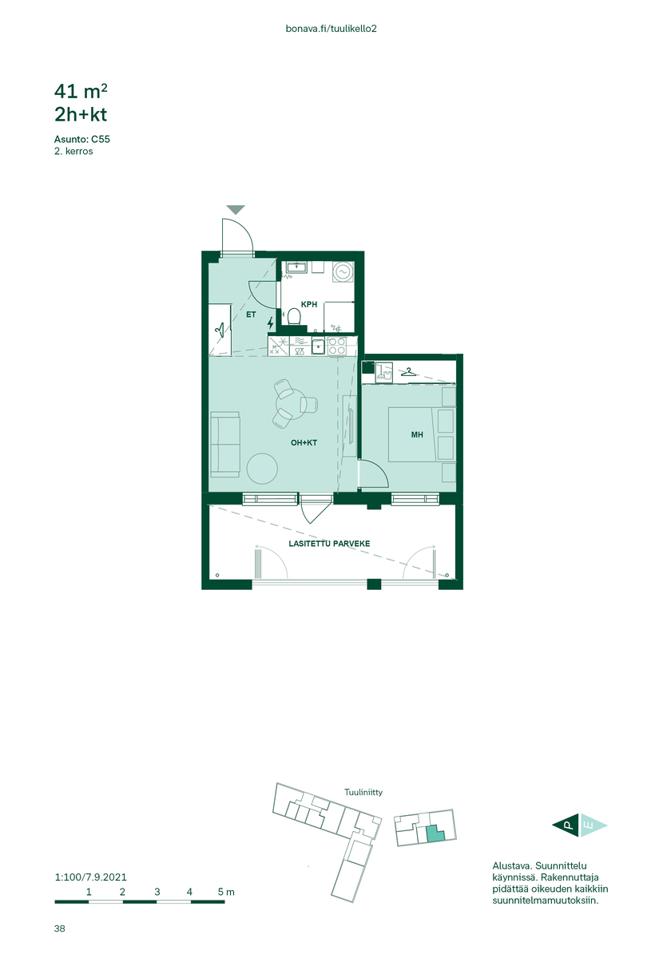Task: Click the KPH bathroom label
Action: [x=308, y=304]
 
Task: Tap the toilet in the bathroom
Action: [x=294, y=316]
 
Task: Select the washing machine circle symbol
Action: [x=343, y=271]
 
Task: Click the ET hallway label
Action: [x=251, y=315]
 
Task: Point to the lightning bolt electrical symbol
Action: [x=270, y=323]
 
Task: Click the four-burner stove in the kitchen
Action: [x=336, y=346]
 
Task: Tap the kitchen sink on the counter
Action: [x=318, y=346]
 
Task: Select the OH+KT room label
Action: [x=304, y=442]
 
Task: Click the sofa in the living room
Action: [x=224, y=445]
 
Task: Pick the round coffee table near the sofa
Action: [x=262, y=469]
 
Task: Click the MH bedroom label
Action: [x=416, y=434]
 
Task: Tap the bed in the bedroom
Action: [x=421, y=434]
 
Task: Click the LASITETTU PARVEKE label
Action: [x=329, y=544]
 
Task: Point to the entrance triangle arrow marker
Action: [x=236, y=209]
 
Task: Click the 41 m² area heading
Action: [x=81, y=91]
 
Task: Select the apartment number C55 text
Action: [x=100, y=139]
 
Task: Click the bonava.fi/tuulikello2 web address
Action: [x=331, y=29]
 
